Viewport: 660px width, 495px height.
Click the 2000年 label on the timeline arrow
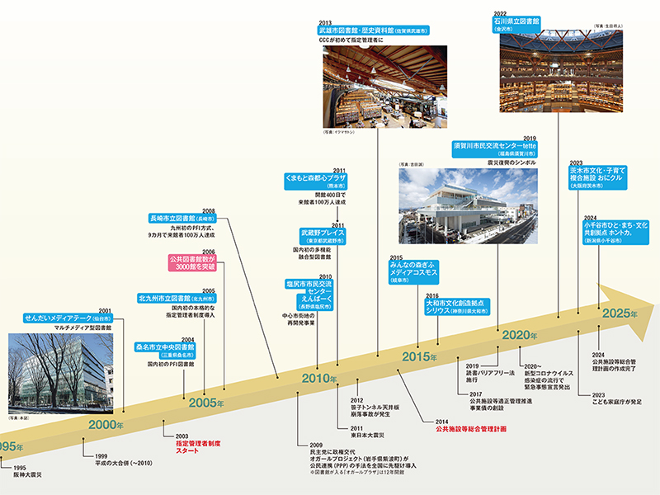coord(106,425)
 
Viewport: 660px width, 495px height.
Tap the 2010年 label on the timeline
coord(320,379)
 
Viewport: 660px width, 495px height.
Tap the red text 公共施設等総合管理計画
coord(471,429)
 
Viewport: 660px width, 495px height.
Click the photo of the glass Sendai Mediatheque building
coord(57,371)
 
